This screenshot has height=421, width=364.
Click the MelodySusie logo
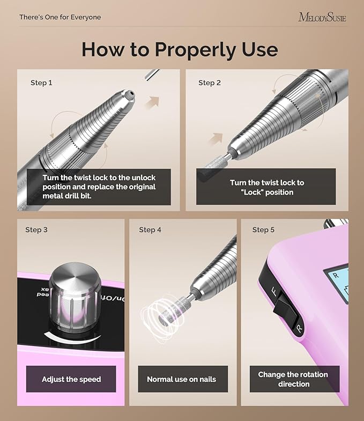[x=322, y=17]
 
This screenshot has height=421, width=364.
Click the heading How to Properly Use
[x=180, y=49]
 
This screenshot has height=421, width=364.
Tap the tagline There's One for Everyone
[x=60, y=17]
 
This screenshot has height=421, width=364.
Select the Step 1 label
[x=41, y=83]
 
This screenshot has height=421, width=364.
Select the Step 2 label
[x=210, y=83]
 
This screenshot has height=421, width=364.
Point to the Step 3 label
[x=36, y=230]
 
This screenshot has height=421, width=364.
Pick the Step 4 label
[x=150, y=230]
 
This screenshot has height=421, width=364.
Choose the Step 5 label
[x=263, y=230]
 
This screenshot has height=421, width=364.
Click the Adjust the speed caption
[x=71, y=379]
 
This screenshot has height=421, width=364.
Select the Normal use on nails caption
[x=182, y=379]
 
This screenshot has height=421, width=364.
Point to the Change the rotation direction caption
[x=293, y=379]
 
